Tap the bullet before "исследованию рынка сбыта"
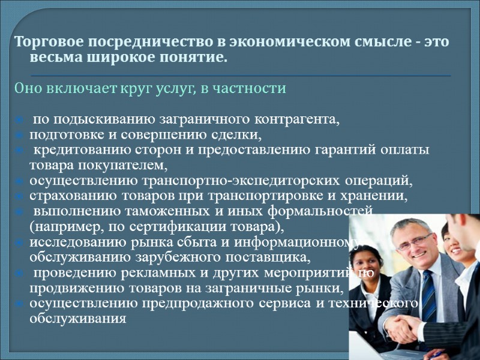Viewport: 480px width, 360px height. pyautogui.click(x=19, y=243)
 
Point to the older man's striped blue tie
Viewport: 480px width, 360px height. pyautogui.click(x=428, y=294)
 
